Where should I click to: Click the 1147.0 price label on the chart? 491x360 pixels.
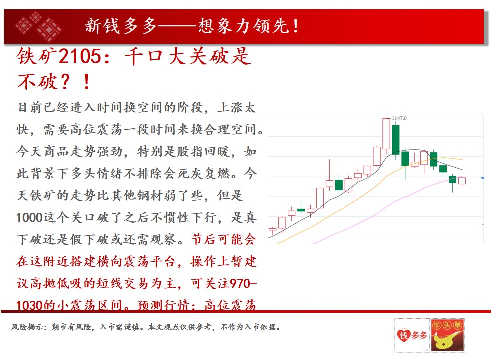pyautogui.click(x=399, y=118)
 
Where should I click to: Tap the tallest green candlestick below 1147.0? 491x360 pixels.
pyautogui.click(x=396, y=139)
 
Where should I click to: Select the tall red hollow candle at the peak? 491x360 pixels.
pyautogui.click(x=386, y=134)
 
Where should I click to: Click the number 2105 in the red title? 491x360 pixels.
pyautogui.click(x=80, y=56)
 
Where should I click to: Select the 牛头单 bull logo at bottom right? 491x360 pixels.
pyautogui.click(x=447, y=335)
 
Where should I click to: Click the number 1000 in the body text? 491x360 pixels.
pyautogui.click(x=29, y=218)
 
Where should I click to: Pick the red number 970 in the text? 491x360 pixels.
pyautogui.click(x=240, y=283)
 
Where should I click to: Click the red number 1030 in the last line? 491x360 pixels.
pyautogui.click(x=29, y=305)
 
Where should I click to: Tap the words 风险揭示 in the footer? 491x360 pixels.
pyautogui.click(x=27, y=327)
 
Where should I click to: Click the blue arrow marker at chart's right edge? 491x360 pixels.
pyautogui.click(x=482, y=178)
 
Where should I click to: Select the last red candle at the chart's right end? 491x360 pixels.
pyautogui.click(x=462, y=181)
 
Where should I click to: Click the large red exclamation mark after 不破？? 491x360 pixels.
pyautogui.click(x=87, y=81)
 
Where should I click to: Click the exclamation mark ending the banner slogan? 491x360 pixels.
pyautogui.click(x=295, y=26)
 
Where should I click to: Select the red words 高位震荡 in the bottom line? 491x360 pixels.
pyautogui.click(x=230, y=305)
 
